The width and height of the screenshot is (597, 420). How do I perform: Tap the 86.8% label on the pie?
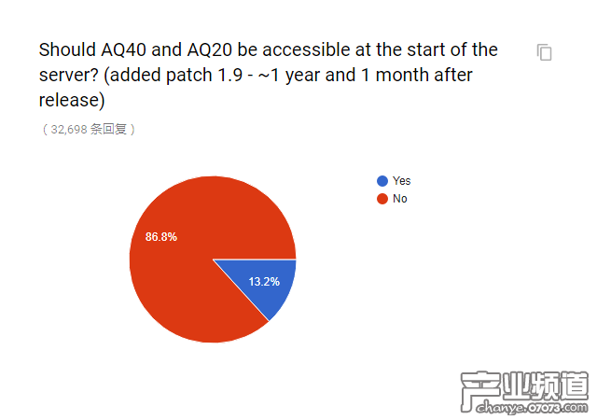[x=161, y=237]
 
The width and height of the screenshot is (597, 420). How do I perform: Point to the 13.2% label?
[x=264, y=281]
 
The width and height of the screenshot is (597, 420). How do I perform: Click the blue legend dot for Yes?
[x=382, y=181]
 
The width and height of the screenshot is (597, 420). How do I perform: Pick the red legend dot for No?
[x=382, y=199]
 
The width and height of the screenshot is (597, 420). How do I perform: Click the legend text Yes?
[x=401, y=181]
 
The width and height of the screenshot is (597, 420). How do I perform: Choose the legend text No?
[x=399, y=199]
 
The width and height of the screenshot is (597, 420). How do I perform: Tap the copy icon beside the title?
[x=545, y=52]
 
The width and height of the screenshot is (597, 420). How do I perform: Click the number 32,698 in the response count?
[x=68, y=130]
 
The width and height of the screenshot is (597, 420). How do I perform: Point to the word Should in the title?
[x=66, y=49]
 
